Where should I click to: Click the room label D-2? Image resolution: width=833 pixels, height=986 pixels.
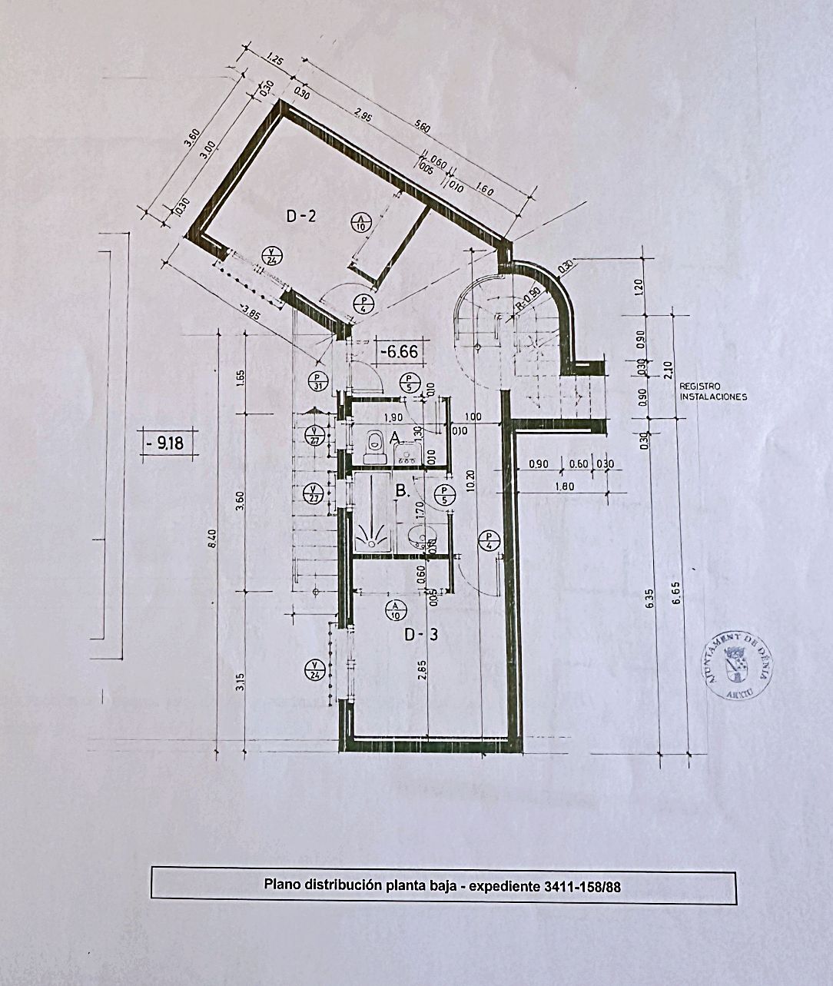click(x=301, y=217)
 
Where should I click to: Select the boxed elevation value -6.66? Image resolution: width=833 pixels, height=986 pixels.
click(x=403, y=351)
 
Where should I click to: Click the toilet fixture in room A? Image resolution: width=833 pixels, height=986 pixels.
click(x=374, y=446)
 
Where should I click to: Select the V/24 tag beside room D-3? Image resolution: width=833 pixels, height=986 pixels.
click(x=315, y=669)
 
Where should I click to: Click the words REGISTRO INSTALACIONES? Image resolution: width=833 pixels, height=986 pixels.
click(x=713, y=392)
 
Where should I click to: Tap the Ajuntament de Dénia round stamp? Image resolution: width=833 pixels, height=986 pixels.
click(x=739, y=666)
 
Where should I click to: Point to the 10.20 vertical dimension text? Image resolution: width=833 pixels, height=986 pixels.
click(x=470, y=482)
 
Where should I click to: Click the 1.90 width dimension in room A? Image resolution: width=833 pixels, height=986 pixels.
click(x=393, y=417)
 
